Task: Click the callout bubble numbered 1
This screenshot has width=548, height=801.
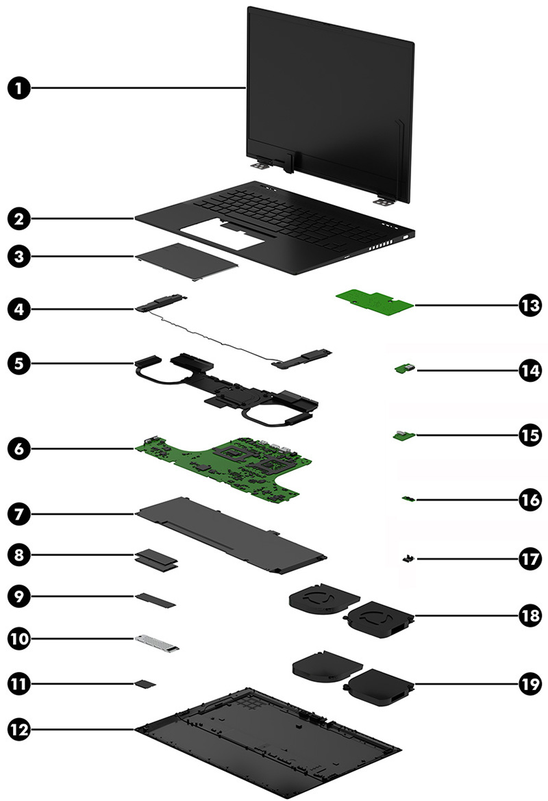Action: point(21,88)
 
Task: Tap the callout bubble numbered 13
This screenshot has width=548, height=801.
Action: point(527,305)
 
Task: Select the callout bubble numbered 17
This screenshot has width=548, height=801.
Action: point(527,559)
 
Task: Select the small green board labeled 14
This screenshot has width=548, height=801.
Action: point(405,370)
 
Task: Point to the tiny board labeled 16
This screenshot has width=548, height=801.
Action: point(409,499)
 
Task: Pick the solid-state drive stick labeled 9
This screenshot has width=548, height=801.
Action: point(156,600)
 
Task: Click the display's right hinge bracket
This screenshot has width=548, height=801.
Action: point(376,201)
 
